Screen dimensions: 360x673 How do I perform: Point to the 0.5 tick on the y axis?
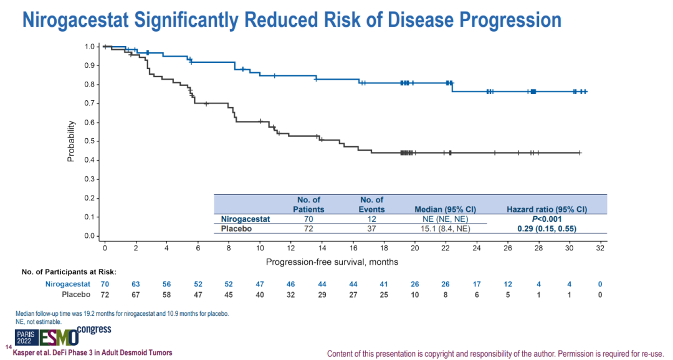[x=90, y=141]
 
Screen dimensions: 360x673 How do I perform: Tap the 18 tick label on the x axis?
[x=383, y=248]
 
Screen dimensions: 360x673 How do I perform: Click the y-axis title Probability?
[x=71, y=141]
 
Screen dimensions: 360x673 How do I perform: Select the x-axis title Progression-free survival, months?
[x=332, y=262]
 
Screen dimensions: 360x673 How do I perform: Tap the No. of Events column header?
[x=372, y=204]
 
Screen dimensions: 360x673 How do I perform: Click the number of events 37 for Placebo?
[x=371, y=229]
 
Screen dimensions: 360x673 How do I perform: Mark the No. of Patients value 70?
[x=308, y=219]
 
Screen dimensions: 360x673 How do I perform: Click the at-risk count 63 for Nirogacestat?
[x=135, y=284]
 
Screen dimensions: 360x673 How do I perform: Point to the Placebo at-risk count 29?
[x=322, y=294]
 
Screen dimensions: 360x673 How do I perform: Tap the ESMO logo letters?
[x=59, y=338]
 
